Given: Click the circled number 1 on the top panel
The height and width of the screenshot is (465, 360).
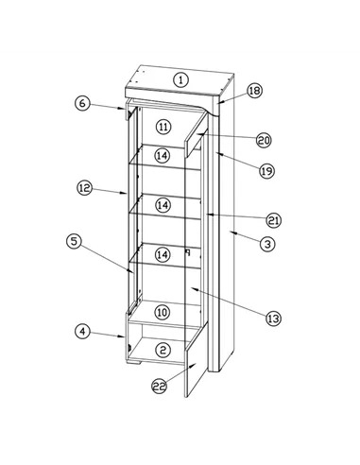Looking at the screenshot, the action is (x=180, y=80).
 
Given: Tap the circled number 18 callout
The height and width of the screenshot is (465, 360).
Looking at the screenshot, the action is (x=254, y=91).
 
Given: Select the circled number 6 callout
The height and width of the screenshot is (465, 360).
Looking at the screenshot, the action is (x=82, y=103).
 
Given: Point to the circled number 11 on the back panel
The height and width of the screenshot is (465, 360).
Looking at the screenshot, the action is (x=163, y=127).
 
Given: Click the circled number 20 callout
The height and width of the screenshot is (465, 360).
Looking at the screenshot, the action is (x=264, y=140).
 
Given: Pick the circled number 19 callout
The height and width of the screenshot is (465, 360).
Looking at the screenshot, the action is (x=266, y=171).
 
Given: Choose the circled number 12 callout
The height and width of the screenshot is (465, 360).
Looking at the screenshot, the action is (x=84, y=188).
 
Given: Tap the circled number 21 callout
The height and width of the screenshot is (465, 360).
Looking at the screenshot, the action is (x=273, y=220).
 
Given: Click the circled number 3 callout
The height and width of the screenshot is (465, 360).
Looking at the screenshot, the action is (x=267, y=244).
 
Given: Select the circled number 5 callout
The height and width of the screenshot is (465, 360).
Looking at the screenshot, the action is (x=74, y=241).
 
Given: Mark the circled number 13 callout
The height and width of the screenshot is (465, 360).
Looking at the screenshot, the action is (x=273, y=319).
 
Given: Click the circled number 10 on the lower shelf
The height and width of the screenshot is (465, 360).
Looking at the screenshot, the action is (x=163, y=312).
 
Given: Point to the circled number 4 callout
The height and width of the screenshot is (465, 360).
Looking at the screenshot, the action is (x=82, y=332).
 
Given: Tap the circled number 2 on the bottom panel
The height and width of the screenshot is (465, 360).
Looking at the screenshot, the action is (x=163, y=350).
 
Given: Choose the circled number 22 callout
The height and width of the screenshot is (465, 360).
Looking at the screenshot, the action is (x=160, y=386).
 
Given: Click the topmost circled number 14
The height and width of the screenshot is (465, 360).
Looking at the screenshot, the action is (x=163, y=155).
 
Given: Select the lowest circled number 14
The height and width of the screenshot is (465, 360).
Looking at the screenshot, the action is (x=163, y=254).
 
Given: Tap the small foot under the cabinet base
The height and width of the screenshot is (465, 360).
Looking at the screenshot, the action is (x=133, y=363).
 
